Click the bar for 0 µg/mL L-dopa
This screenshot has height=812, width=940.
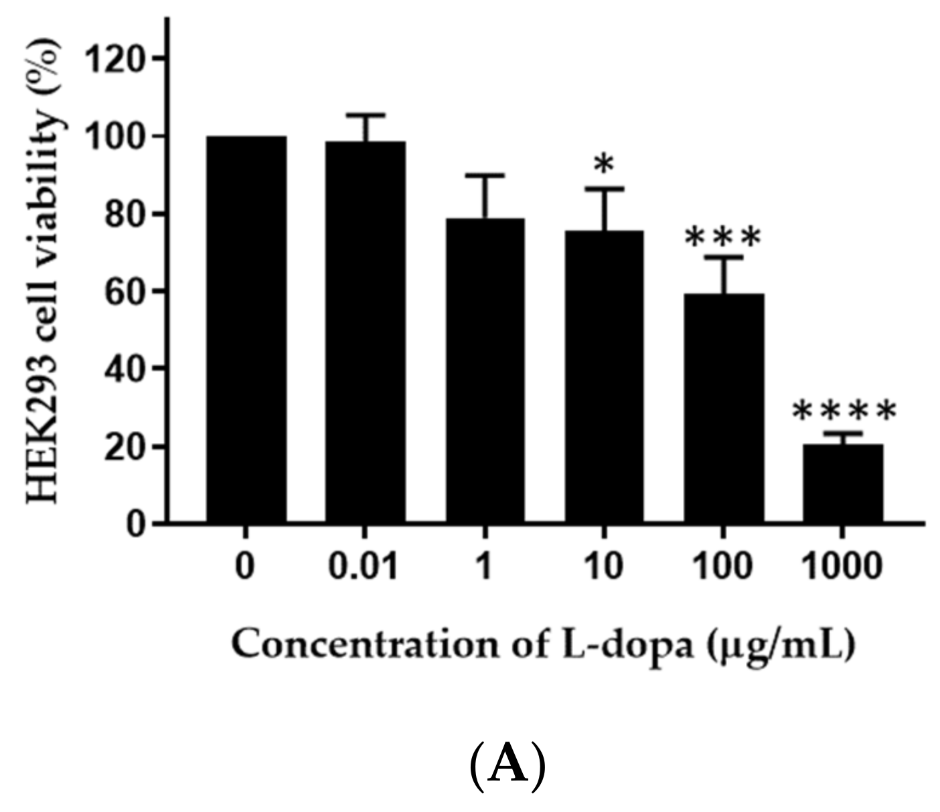tap(246, 328)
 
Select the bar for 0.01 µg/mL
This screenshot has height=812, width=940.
tap(366, 332)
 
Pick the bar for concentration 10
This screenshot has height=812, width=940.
tap(604, 376)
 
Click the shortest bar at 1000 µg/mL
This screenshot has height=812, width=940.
tap(843, 482)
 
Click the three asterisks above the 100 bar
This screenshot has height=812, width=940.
tap(724, 236)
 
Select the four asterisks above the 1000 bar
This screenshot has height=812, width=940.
tap(844, 411)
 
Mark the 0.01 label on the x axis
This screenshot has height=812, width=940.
tap(364, 567)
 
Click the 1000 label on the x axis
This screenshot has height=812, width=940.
tap(842, 567)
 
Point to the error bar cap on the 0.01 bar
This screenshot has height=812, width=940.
tap(366, 115)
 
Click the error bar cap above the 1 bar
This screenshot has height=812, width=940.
tap(485, 175)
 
